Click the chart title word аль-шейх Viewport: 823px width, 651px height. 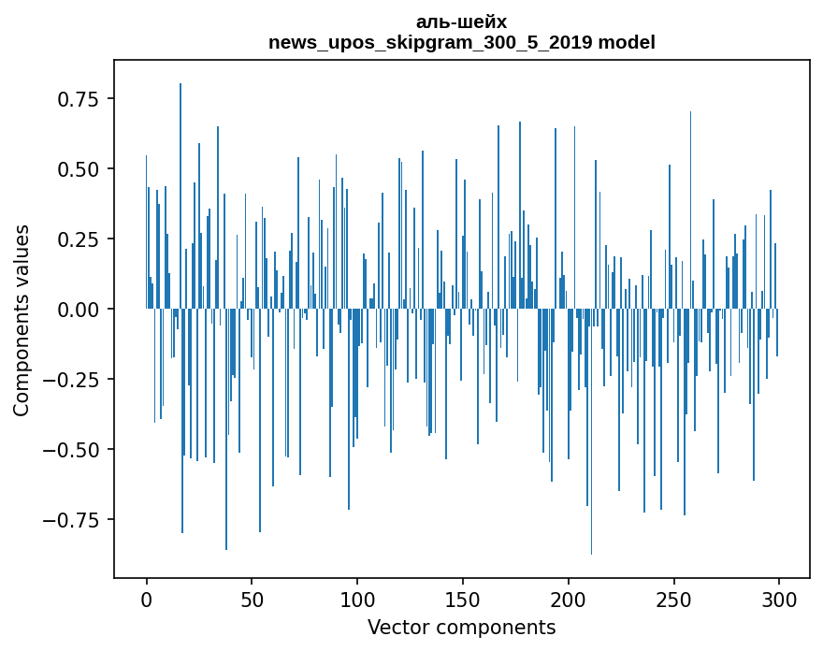[x=461, y=22]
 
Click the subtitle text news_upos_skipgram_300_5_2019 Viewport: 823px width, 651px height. [x=431, y=42]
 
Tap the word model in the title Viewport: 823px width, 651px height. [x=627, y=42]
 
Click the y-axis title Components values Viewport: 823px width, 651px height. [x=22, y=320]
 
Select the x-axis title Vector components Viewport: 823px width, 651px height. [x=461, y=628]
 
